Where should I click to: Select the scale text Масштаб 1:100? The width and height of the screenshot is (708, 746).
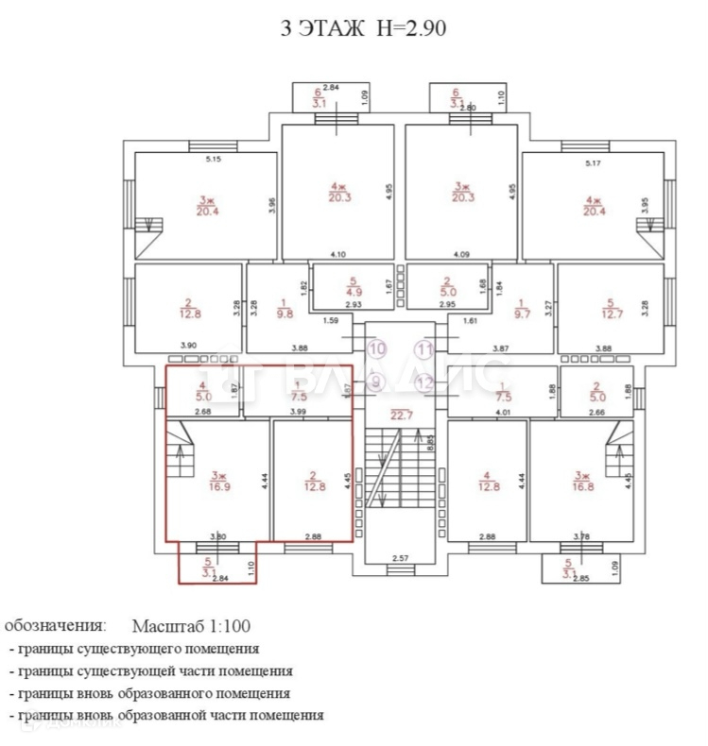pyautogui.click(x=192, y=626)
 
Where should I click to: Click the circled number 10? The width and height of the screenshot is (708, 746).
pyautogui.click(x=377, y=348)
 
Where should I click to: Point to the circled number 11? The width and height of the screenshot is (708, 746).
pyautogui.click(x=425, y=348)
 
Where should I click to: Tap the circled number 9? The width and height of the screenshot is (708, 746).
pyautogui.click(x=377, y=382)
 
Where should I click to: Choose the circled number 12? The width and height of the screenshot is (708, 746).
pyautogui.click(x=425, y=382)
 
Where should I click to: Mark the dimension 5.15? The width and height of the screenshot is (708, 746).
pyautogui.click(x=214, y=160)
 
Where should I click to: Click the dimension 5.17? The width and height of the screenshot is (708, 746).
pyautogui.click(x=594, y=164)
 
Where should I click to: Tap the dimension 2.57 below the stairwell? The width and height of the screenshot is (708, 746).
pyautogui.click(x=402, y=558)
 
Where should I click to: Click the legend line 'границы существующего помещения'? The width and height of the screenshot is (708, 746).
pyautogui.click(x=134, y=649)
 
